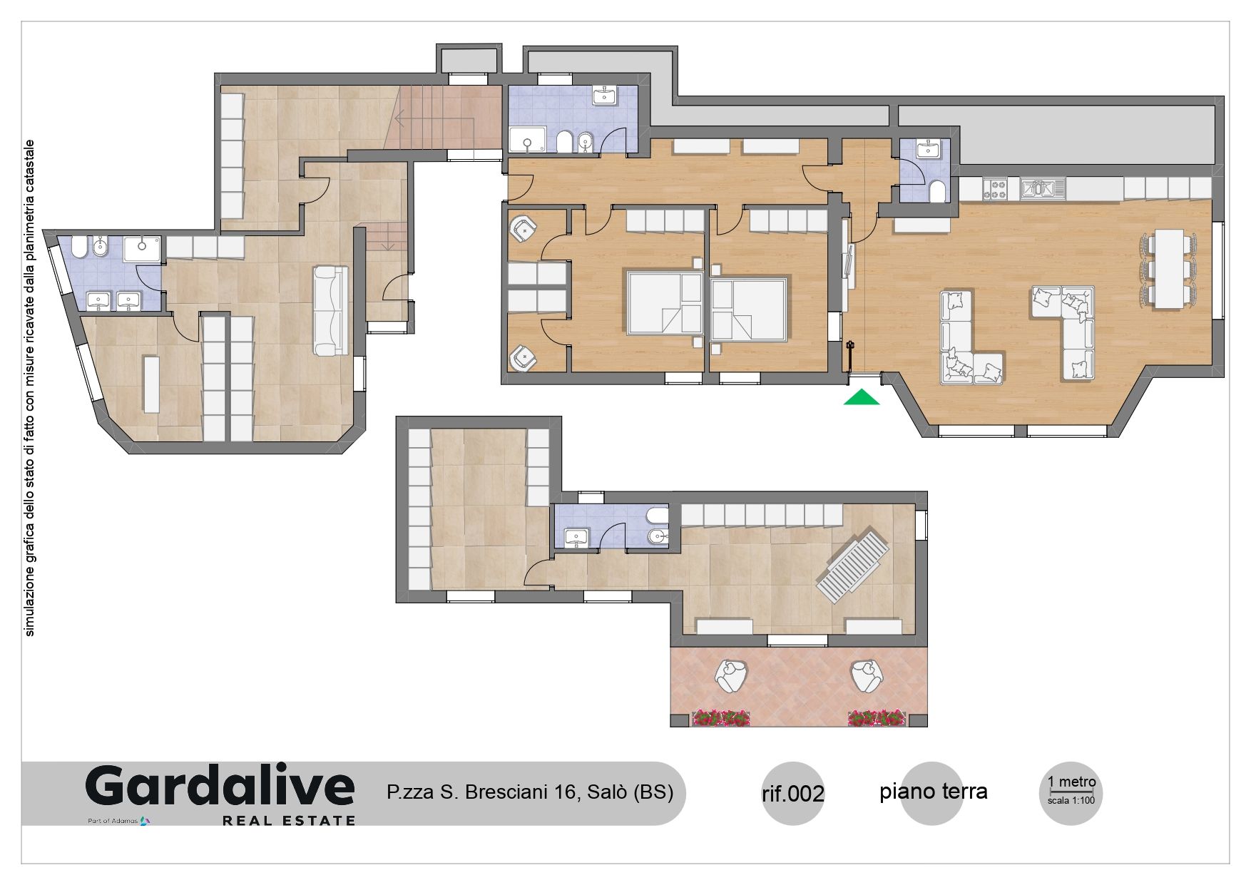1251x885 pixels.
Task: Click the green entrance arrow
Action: click(x=862, y=397)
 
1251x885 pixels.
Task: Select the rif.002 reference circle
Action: click(x=793, y=793)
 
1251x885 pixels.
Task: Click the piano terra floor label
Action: click(x=933, y=791)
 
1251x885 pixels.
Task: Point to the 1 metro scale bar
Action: click(x=1071, y=791)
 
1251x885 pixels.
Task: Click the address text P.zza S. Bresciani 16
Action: click(x=482, y=792)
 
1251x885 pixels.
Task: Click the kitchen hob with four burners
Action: click(x=995, y=189)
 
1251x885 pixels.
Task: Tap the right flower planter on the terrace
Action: click(x=877, y=717)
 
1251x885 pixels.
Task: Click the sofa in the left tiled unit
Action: click(x=328, y=311)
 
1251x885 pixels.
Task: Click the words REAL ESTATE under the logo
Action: click(x=289, y=821)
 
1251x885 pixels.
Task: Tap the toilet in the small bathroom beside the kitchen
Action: click(x=939, y=192)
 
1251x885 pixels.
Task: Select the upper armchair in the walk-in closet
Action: click(x=524, y=228)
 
